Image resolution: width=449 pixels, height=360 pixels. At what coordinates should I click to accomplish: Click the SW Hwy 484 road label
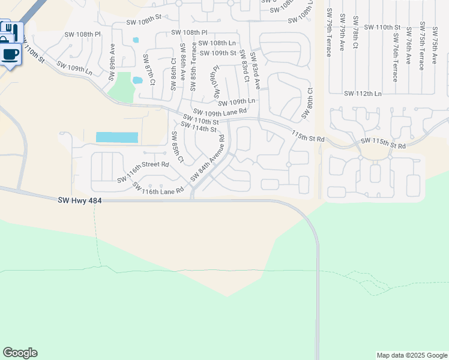coord(80,200)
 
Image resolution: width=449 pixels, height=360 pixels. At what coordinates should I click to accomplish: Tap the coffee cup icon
coord(10,55)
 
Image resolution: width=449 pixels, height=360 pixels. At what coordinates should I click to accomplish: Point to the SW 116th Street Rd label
coord(143,172)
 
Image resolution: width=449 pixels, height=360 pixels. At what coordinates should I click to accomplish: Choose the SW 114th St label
coord(198,128)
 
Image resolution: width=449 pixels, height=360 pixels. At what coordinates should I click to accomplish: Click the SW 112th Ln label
coord(363,94)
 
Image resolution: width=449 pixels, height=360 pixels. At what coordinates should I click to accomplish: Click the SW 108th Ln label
coord(217,43)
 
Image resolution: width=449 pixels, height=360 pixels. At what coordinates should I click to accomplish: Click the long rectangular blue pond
coord(117,137)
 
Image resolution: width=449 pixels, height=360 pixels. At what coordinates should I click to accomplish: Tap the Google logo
coord(20,353)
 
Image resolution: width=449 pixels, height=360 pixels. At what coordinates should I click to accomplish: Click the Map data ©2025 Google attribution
coord(411,355)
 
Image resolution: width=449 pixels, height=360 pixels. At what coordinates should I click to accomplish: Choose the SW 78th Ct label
coord(355,32)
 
